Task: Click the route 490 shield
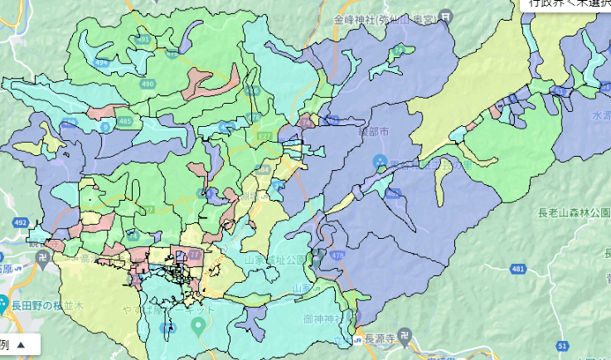point(148,84)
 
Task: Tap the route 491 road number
point(143,39)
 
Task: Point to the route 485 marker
point(124,121)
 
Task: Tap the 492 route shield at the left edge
point(20,222)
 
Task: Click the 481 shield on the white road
point(518,269)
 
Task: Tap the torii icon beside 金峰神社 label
point(448,17)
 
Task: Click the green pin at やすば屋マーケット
point(198,324)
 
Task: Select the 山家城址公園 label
point(274,260)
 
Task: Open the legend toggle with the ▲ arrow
point(21,344)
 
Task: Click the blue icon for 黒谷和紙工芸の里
point(381,160)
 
